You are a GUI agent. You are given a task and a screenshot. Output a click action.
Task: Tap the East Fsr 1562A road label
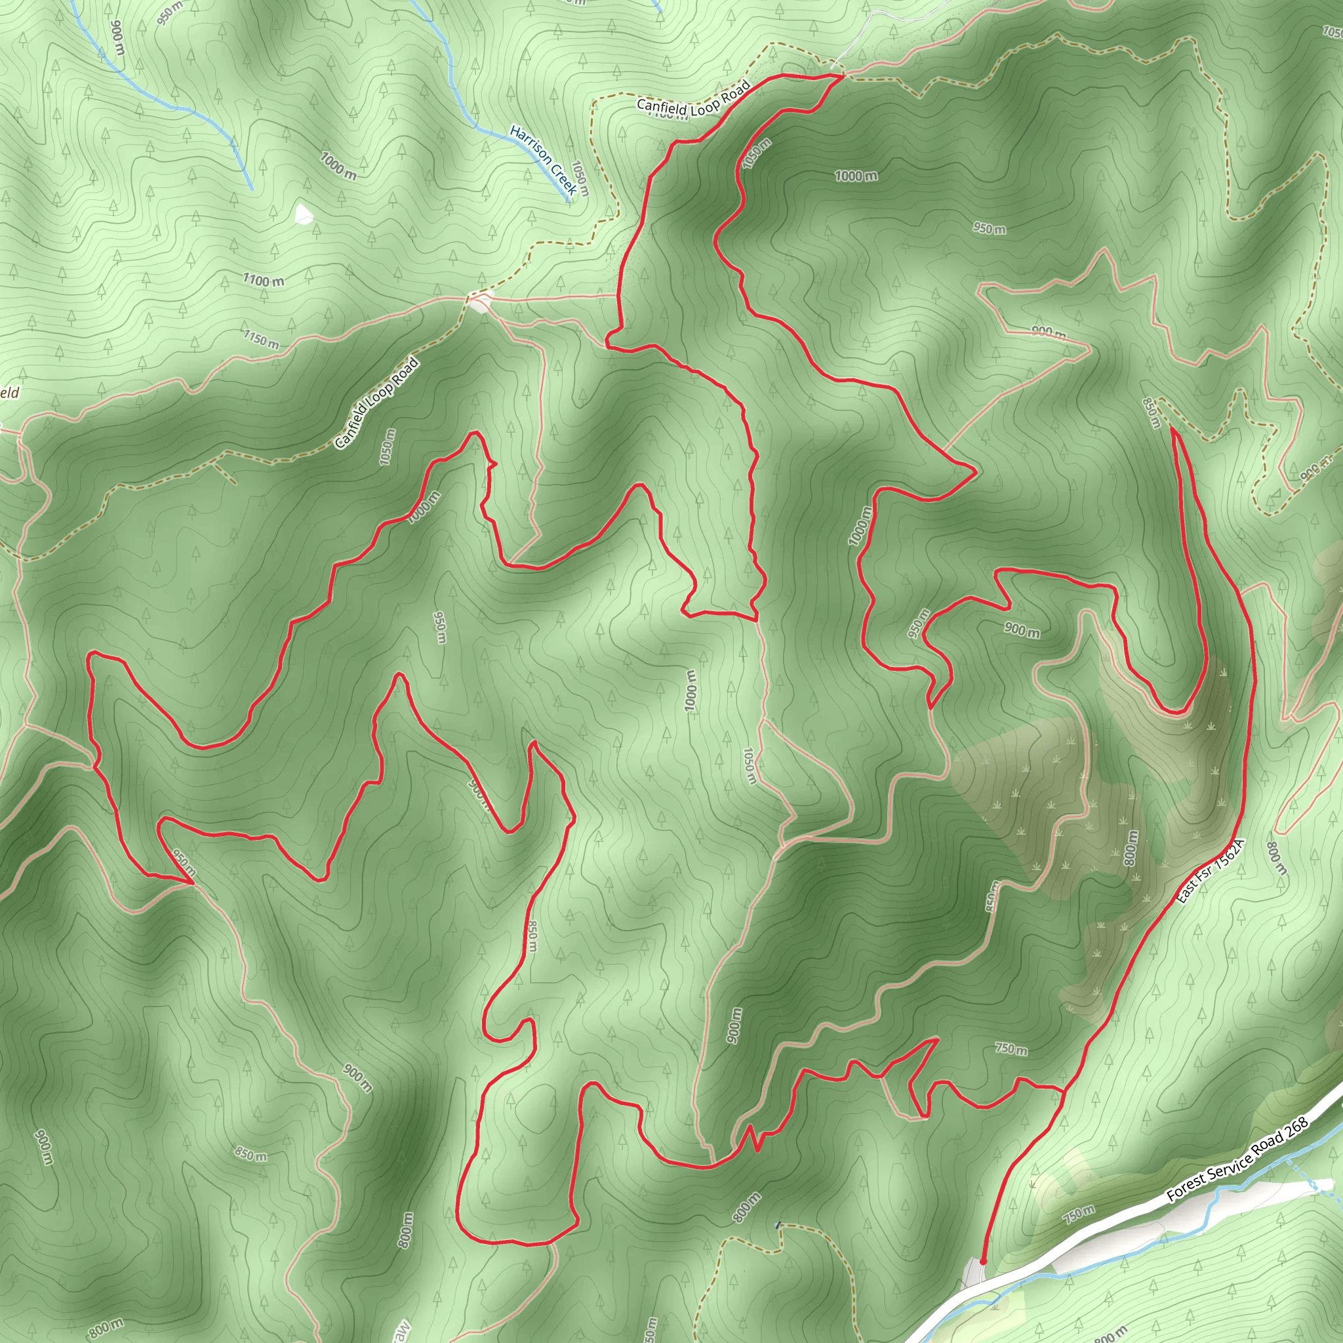(1212, 872)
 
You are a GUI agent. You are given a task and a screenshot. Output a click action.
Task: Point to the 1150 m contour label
(262, 339)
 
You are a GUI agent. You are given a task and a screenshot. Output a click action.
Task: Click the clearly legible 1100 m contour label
(264, 280)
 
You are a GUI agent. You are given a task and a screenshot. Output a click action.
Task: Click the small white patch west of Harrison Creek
(303, 214)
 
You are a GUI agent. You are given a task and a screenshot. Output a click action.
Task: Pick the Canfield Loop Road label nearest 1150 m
(377, 403)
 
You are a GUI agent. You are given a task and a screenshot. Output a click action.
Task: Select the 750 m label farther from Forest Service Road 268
(1011, 1049)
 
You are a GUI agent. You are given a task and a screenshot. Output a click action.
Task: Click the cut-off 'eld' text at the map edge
(9, 393)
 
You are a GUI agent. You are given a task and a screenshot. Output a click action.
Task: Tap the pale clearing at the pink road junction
(479, 302)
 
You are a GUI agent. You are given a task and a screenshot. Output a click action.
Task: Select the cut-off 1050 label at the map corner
(1333, 31)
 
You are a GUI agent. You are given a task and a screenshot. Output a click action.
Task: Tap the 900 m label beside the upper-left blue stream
(117, 38)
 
